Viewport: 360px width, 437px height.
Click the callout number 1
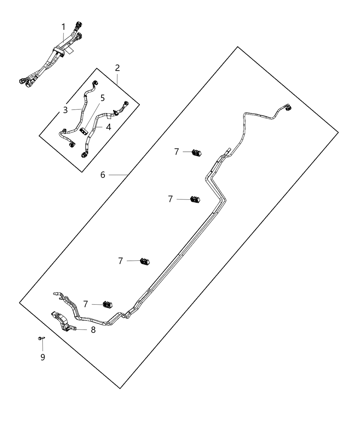point(63,27)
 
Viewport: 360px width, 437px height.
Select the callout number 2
point(117,68)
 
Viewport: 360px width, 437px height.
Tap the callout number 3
point(65,110)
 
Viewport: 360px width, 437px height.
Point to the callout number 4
point(108,127)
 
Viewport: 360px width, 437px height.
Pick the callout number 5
point(102,98)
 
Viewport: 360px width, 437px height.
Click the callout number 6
point(103,175)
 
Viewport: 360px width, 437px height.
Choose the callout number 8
point(93,330)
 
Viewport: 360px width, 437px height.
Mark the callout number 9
point(43,357)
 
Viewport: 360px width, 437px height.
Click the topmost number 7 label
point(177,151)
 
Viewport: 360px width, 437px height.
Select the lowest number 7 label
point(86,304)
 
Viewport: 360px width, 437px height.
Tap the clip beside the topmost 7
point(197,153)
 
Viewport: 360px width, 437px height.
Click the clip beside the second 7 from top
point(195,199)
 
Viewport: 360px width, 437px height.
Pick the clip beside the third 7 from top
point(145,261)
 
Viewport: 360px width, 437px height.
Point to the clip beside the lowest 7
point(108,304)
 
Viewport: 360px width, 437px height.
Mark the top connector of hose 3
point(95,83)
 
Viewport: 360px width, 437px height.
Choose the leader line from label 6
point(118,175)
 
